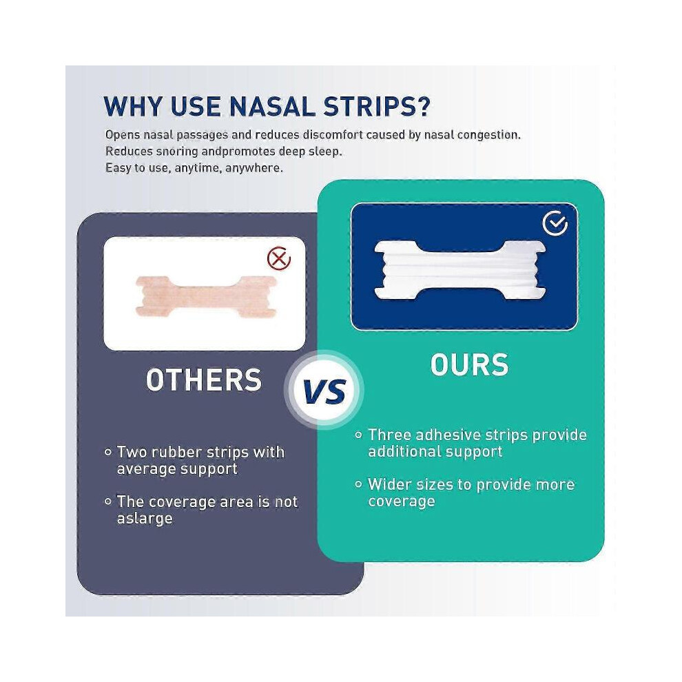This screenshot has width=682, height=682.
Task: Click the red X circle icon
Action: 279,258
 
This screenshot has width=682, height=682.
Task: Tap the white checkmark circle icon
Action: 555,224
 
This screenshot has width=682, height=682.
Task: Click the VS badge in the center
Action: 324,390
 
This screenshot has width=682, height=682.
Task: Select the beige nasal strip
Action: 206,296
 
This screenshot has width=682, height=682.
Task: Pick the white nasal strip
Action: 459,270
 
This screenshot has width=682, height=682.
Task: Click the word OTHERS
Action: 204,380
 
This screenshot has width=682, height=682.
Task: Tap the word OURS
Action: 469,364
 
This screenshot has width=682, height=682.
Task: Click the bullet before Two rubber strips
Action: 108,453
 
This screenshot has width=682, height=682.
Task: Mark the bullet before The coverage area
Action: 108,502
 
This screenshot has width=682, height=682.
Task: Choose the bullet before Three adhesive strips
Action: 358,435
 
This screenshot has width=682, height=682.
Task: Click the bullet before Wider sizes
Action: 358,484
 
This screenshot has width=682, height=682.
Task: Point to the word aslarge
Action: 145,519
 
